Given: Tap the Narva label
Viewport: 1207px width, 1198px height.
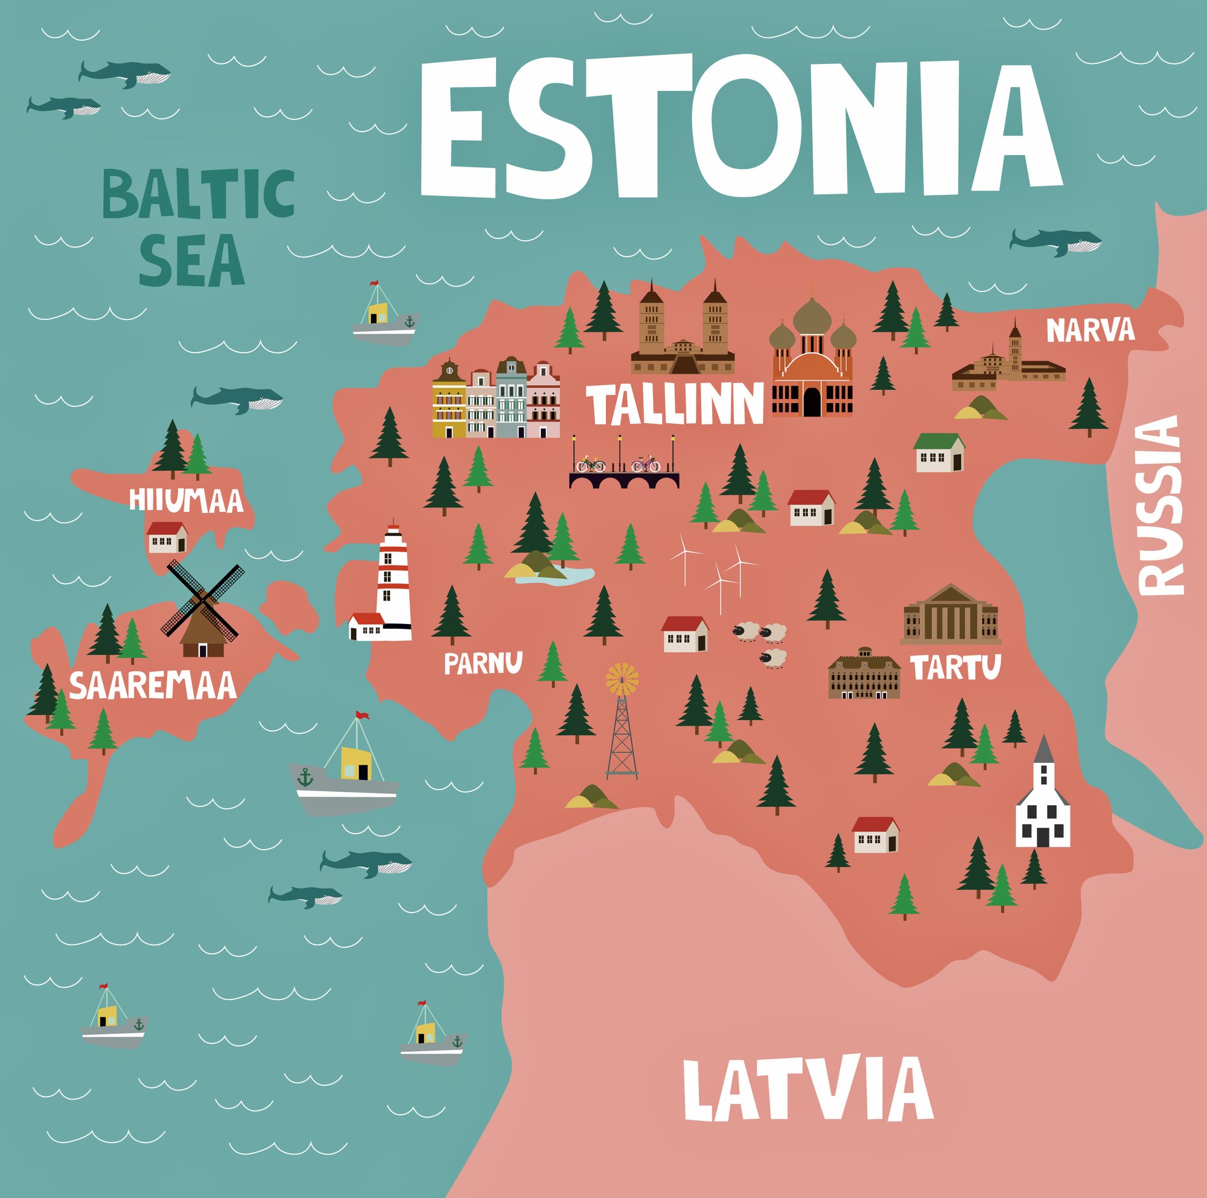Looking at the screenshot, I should point(1090,330).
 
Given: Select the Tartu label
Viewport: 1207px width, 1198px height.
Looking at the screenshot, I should point(955,667).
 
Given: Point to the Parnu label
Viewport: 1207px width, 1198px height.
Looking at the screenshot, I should point(483,663).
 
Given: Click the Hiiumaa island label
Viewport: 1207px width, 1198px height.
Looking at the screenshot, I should point(185,501).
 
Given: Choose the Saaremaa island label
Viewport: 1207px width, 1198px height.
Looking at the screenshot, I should point(153,686).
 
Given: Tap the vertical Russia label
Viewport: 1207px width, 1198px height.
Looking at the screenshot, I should point(1160,506).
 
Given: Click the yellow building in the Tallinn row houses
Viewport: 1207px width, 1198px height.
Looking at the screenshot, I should point(449,401).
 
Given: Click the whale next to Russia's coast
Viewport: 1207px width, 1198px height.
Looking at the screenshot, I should point(1055,241).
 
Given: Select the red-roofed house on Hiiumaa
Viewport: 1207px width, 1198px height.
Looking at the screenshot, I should point(167,537).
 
